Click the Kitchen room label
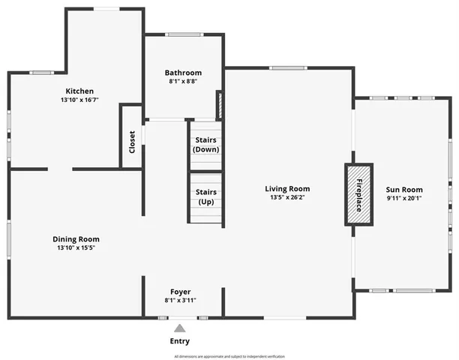(x=80, y=91)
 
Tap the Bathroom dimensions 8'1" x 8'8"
(x=183, y=82)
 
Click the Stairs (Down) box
(x=206, y=145)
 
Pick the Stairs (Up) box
(x=206, y=197)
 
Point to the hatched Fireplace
(x=358, y=194)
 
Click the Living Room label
(x=286, y=189)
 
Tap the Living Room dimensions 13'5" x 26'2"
(x=286, y=198)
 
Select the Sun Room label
(x=404, y=190)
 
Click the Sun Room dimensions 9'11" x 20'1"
(x=404, y=199)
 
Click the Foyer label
(x=180, y=292)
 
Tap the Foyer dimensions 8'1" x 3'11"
(x=180, y=301)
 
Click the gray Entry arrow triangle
(x=179, y=328)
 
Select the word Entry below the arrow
(x=179, y=341)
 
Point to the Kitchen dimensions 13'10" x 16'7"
(x=80, y=100)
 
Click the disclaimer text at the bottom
(x=229, y=356)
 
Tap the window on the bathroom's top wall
(x=183, y=34)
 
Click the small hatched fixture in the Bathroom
(x=219, y=104)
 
